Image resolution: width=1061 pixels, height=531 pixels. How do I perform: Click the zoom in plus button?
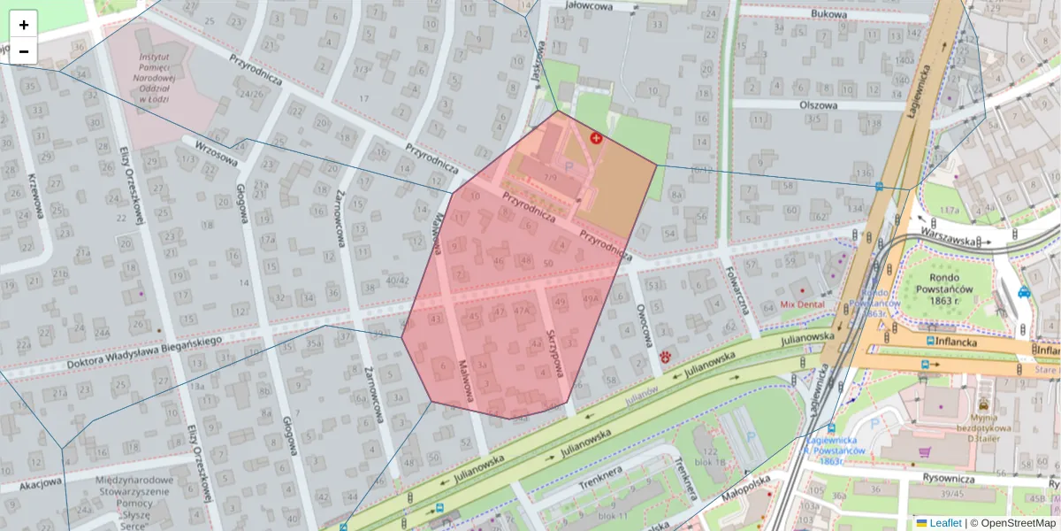[x=24, y=25]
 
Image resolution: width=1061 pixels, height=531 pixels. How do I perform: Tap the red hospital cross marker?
[x=597, y=139]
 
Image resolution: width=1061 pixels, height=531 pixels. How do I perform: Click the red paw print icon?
[x=665, y=357]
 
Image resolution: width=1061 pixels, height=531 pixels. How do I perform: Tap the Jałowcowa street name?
[x=592, y=5]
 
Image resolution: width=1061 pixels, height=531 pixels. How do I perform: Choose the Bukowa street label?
[x=828, y=14]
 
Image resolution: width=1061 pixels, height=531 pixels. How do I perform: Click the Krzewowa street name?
[x=36, y=197]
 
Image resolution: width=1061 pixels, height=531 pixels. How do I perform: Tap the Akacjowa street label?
[x=41, y=483]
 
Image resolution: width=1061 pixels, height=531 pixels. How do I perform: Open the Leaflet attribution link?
[x=945, y=523]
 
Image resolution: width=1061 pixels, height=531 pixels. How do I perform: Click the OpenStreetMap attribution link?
[x=1019, y=523]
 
